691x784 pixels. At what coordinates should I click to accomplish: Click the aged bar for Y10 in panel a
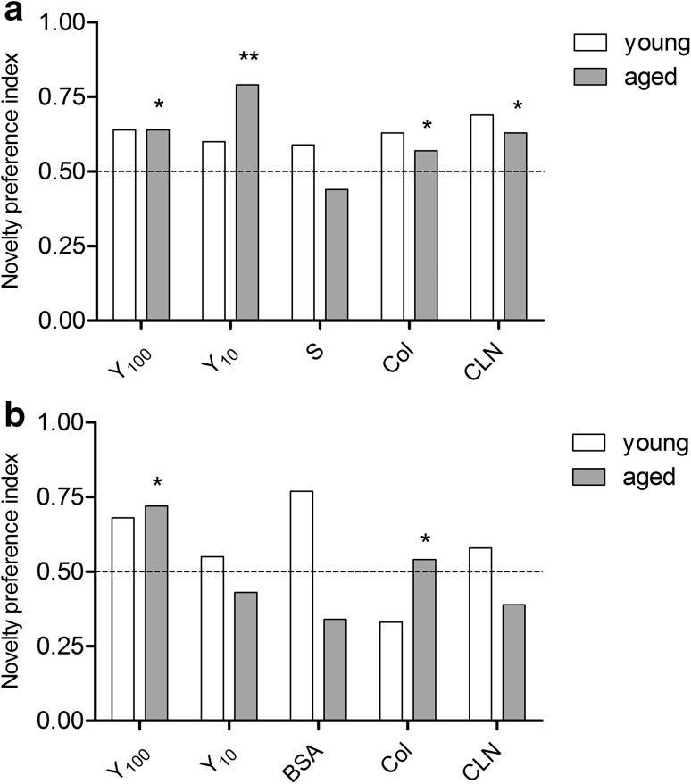[246, 202]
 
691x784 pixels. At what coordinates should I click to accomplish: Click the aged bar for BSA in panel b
[336, 670]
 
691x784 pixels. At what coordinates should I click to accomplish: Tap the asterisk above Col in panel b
[426, 539]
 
